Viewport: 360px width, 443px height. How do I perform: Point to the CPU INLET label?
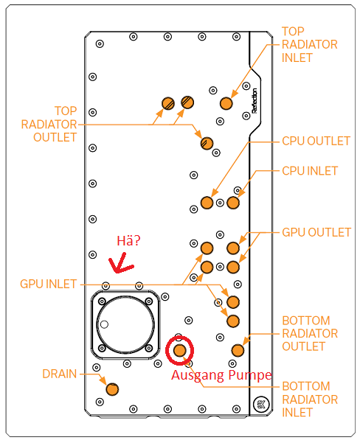(x=310, y=171)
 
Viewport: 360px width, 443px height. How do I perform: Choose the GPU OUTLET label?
(x=316, y=232)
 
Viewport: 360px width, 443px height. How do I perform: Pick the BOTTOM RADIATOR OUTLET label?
(x=310, y=334)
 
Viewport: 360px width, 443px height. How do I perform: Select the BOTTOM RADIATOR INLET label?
(x=310, y=400)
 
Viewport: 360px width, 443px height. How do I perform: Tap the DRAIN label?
(x=59, y=374)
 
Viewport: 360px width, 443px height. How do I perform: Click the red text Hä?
(x=129, y=240)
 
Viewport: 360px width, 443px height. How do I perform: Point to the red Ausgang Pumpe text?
(x=222, y=375)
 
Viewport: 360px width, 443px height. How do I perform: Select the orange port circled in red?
(x=179, y=350)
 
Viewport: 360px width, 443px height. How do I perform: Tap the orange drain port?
(x=111, y=389)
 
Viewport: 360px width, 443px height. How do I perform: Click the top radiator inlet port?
(x=226, y=102)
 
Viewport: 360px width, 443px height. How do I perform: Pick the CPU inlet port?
(x=233, y=202)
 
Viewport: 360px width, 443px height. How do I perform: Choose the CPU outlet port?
(x=207, y=203)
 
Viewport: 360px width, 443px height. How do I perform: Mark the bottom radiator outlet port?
(x=238, y=349)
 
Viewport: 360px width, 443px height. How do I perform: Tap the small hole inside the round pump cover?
(x=105, y=324)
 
